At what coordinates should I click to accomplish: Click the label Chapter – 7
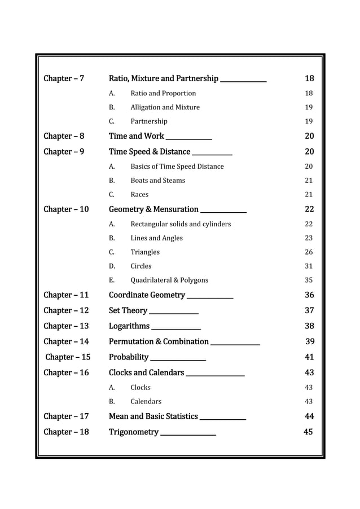(x=64, y=78)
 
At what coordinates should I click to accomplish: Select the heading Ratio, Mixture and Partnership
(x=164, y=78)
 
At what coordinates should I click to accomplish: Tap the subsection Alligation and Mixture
(x=165, y=107)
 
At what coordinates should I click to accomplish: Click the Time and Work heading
(x=137, y=136)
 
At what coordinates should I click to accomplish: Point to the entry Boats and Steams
(x=157, y=181)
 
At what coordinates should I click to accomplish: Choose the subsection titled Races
(x=139, y=195)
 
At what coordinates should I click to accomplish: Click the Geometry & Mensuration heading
(x=153, y=209)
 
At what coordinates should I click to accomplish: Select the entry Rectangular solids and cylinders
(x=181, y=224)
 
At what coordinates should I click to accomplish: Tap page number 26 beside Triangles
(x=309, y=252)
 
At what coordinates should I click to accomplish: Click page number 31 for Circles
(x=309, y=266)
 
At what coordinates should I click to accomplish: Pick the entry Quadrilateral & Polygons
(x=169, y=280)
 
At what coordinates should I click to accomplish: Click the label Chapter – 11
(x=66, y=295)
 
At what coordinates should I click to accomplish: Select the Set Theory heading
(x=128, y=310)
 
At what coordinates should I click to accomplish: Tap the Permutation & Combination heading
(x=159, y=341)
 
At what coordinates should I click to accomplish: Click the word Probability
(x=129, y=357)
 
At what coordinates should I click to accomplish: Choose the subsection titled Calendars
(x=146, y=402)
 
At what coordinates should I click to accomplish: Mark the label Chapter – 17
(x=66, y=416)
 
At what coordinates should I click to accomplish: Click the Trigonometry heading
(x=134, y=432)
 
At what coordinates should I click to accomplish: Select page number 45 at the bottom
(x=308, y=432)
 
